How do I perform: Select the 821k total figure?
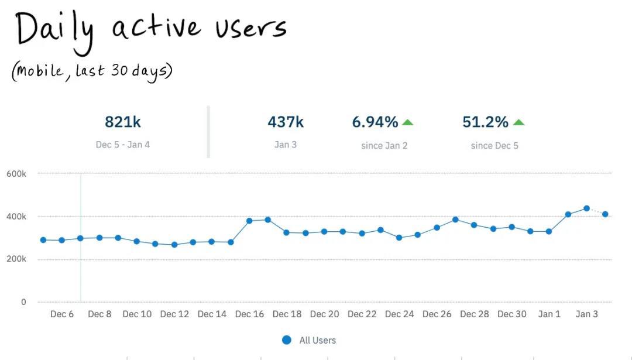pyautogui.click(x=123, y=122)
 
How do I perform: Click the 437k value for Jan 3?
pyautogui.click(x=286, y=122)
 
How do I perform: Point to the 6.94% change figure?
pyautogui.click(x=375, y=122)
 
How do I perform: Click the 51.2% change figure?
pyautogui.click(x=485, y=122)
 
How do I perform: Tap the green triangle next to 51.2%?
pyautogui.click(x=518, y=122)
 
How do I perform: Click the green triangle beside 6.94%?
pyautogui.click(x=408, y=122)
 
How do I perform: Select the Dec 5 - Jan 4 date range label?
pyautogui.click(x=123, y=145)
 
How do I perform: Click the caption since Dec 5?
pyautogui.click(x=494, y=145)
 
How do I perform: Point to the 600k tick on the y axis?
pyautogui.click(x=16, y=174)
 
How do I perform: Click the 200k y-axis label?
pyautogui.click(x=16, y=259)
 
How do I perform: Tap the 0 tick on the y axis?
pyautogui.click(x=23, y=302)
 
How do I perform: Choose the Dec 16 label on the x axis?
pyautogui.click(x=249, y=314)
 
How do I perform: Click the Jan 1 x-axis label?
pyautogui.click(x=549, y=314)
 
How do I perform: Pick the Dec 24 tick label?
pyautogui.click(x=399, y=314)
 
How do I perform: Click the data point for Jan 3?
pyautogui.click(x=586, y=208)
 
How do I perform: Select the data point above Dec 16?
pyautogui.click(x=249, y=221)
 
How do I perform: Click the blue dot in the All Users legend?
pyautogui.click(x=287, y=340)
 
